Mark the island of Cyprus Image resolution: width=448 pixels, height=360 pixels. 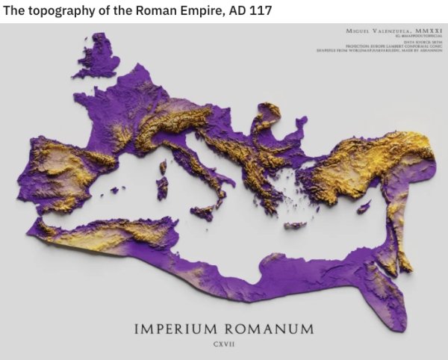pos(364,205)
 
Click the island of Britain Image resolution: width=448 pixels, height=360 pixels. pos(101,56)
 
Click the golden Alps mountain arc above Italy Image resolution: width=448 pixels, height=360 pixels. pos(168,123)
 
